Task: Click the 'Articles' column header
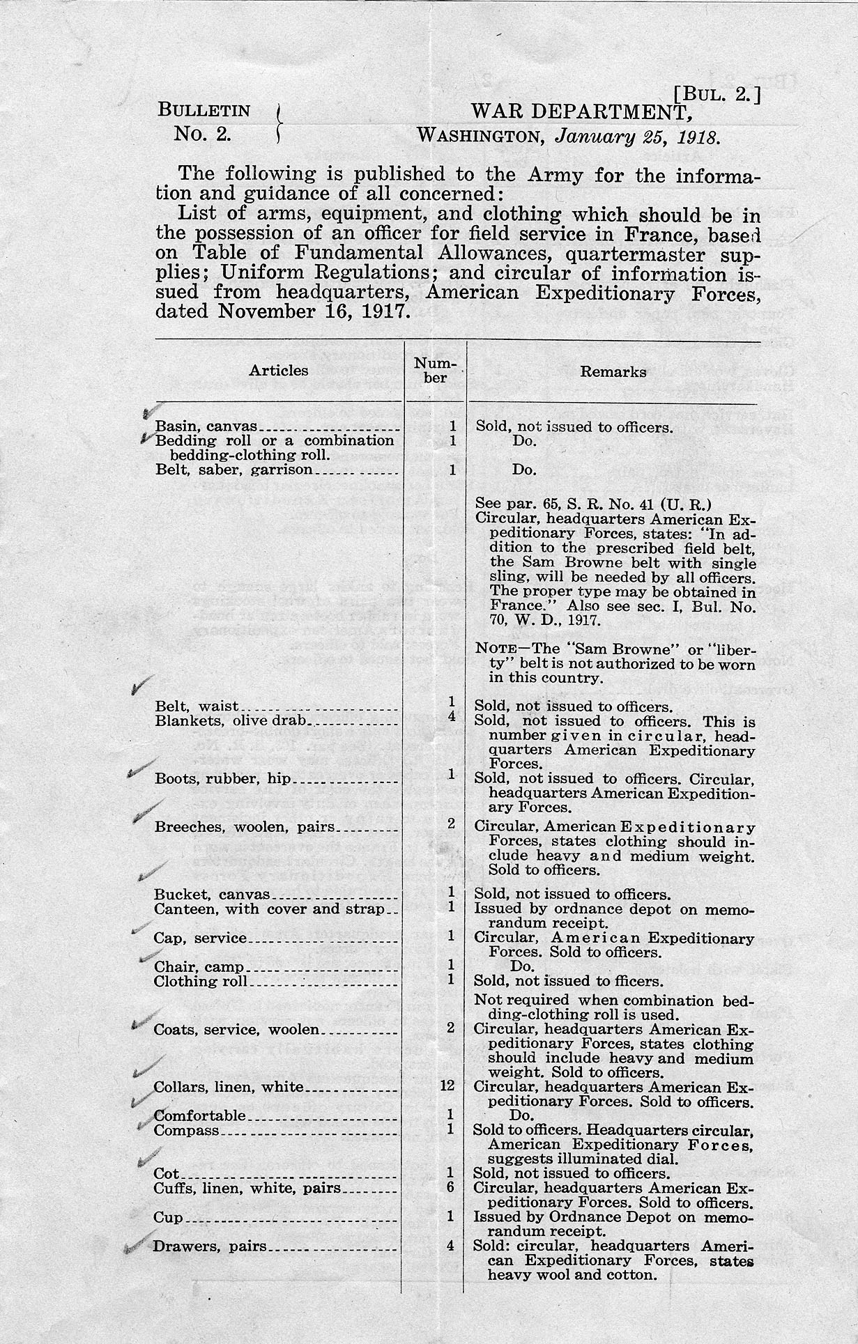pos(279,371)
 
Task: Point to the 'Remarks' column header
pos(613,371)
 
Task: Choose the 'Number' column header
pos(436,371)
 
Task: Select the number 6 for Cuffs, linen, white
pos(451,1187)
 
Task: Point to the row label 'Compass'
pos(186,1130)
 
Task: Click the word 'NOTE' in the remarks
pos(495,647)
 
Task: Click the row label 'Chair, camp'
pos(199,967)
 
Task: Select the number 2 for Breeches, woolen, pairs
pos(452,823)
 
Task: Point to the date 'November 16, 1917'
pos(311,311)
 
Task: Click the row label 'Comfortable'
pos(199,1115)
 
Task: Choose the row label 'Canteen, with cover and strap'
pos(268,909)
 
